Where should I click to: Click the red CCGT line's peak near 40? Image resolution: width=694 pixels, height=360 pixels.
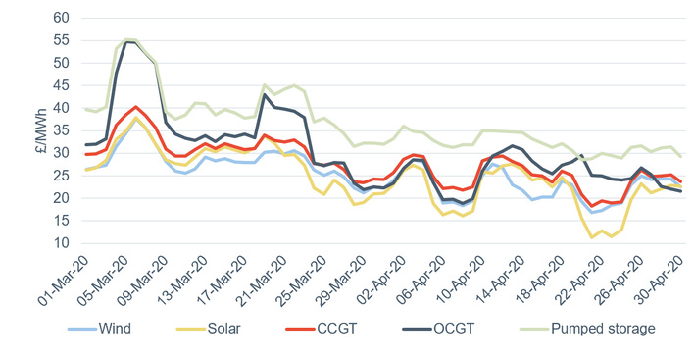(x=137, y=107)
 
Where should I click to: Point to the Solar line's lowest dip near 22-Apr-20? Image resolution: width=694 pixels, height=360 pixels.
(x=592, y=237)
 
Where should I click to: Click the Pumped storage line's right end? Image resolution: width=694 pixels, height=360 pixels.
(x=681, y=157)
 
